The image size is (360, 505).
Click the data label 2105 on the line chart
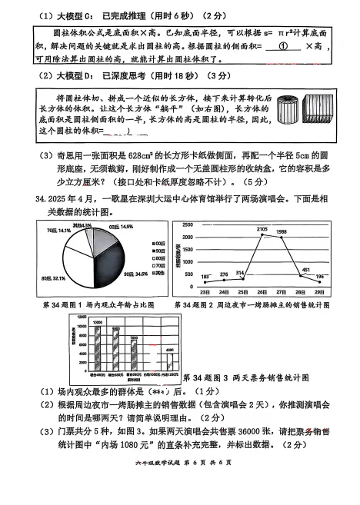(262, 229)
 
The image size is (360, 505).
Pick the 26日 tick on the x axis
(262, 292)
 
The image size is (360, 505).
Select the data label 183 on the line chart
(205, 276)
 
